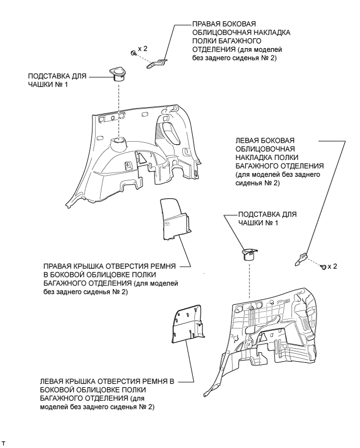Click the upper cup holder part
coord(117,74)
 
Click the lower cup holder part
coord(249,254)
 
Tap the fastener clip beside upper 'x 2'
coord(133,53)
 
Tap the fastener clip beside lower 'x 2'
coord(323,267)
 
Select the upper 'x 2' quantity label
coord(143,49)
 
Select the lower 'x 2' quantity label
coord(332,266)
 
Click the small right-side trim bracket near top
coord(157,63)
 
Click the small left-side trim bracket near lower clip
coord(301,259)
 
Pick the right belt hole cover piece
coord(175,219)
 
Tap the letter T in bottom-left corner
coord(4,443)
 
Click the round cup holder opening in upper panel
coord(118,140)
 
